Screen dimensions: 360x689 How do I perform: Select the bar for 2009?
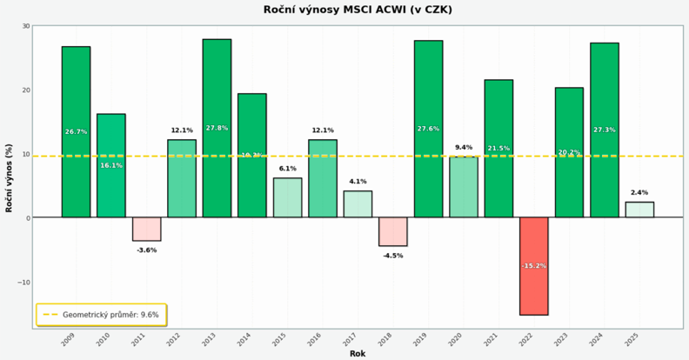(76, 131)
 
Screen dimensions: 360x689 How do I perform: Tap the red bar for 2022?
(534, 266)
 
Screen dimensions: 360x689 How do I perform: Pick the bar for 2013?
(217, 128)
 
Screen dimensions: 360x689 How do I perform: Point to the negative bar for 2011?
(146, 229)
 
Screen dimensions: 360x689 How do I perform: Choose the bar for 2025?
(639, 210)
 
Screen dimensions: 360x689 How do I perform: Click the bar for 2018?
(392, 231)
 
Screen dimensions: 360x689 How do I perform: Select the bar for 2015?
(287, 197)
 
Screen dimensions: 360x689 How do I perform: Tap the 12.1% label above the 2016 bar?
(323, 130)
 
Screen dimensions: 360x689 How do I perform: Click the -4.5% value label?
(392, 256)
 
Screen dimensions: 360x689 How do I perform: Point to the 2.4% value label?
(639, 192)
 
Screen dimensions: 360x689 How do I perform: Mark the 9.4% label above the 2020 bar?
(464, 147)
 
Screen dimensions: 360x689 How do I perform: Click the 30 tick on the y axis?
(25, 26)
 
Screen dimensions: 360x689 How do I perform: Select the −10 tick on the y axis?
(23, 282)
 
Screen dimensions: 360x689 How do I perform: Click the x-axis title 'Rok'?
(358, 354)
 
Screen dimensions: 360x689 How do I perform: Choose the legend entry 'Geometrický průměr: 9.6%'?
(102, 315)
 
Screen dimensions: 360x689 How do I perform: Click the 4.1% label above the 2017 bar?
(358, 181)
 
